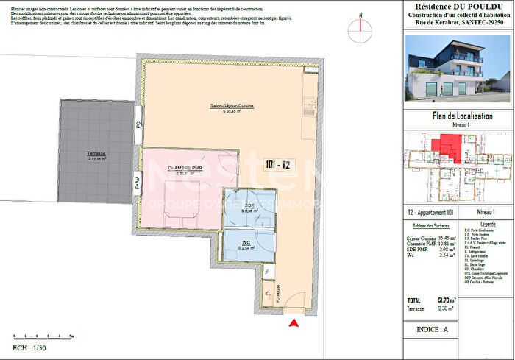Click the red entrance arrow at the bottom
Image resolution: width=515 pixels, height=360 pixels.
tap(295, 322)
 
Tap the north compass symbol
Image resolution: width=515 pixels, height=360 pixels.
tap(360, 25)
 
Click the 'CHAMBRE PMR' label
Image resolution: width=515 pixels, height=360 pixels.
tap(184, 169)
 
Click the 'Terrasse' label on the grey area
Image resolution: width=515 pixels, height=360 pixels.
tap(96, 155)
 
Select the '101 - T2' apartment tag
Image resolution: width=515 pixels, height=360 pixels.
tap(277, 166)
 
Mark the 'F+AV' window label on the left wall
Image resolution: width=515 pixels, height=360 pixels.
tap(138, 185)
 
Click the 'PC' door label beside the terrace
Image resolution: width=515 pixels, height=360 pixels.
tap(138, 126)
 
